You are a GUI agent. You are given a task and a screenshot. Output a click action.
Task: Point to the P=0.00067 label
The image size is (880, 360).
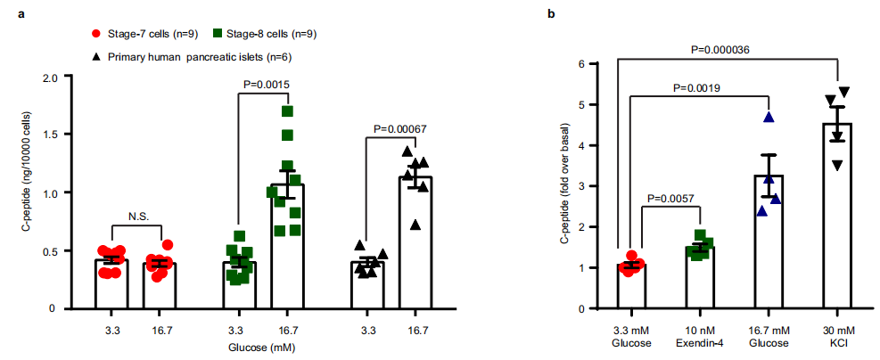click(400, 128)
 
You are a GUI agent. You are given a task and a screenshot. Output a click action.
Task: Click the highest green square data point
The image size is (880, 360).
click(286, 111)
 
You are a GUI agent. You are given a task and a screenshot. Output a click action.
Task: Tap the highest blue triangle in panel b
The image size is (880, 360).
click(768, 118)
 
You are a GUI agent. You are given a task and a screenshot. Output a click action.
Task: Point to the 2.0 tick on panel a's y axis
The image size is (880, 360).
click(51, 77)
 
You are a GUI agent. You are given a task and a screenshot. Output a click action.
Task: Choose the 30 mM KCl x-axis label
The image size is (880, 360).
click(837, 339)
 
